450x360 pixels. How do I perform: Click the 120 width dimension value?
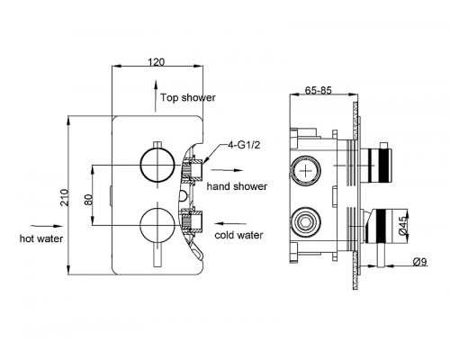tap(157, 62)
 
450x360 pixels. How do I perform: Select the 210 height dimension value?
tap(65, 197)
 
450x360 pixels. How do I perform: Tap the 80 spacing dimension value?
tap(88, 200)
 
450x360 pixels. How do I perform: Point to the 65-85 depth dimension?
tap(319, 90)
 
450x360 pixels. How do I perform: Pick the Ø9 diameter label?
tap(419, 262)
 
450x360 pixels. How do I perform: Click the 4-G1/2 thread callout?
tap(244, 145)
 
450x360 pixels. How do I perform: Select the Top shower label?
tap(188, 97)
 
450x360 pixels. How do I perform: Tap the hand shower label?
tap(237, 186)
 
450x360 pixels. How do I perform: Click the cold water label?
tap(238, 235)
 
